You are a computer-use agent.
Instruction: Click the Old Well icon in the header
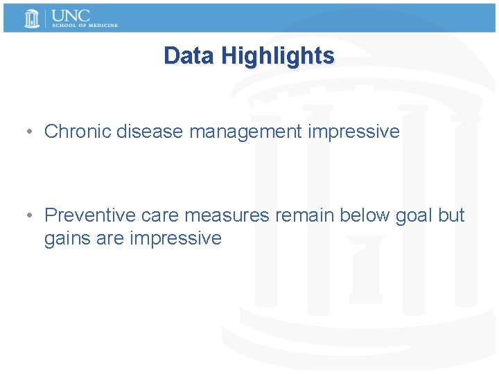click(x=32, y=18)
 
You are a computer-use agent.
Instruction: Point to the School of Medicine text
click(x=84, y=26)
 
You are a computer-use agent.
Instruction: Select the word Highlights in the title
click(x=278, y=55)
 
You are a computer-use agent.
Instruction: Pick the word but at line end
click(x=451, y=215)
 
